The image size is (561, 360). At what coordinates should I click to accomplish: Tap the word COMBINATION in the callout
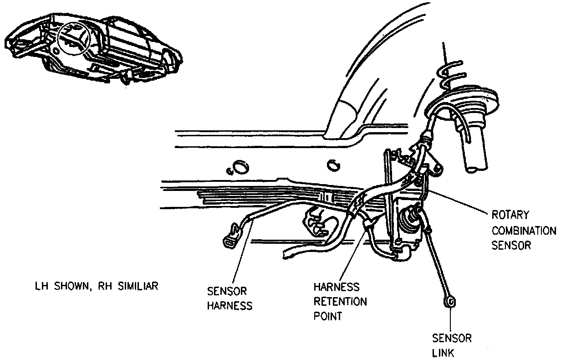(x=523, y=230)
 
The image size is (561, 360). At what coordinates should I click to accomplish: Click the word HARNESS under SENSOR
(x=229, y=306)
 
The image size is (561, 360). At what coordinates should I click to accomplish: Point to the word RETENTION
(x=340, y=302)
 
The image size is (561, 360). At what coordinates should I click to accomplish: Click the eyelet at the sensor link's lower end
(x=451, y=302)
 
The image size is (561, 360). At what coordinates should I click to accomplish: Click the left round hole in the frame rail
(x=239, y=167)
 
